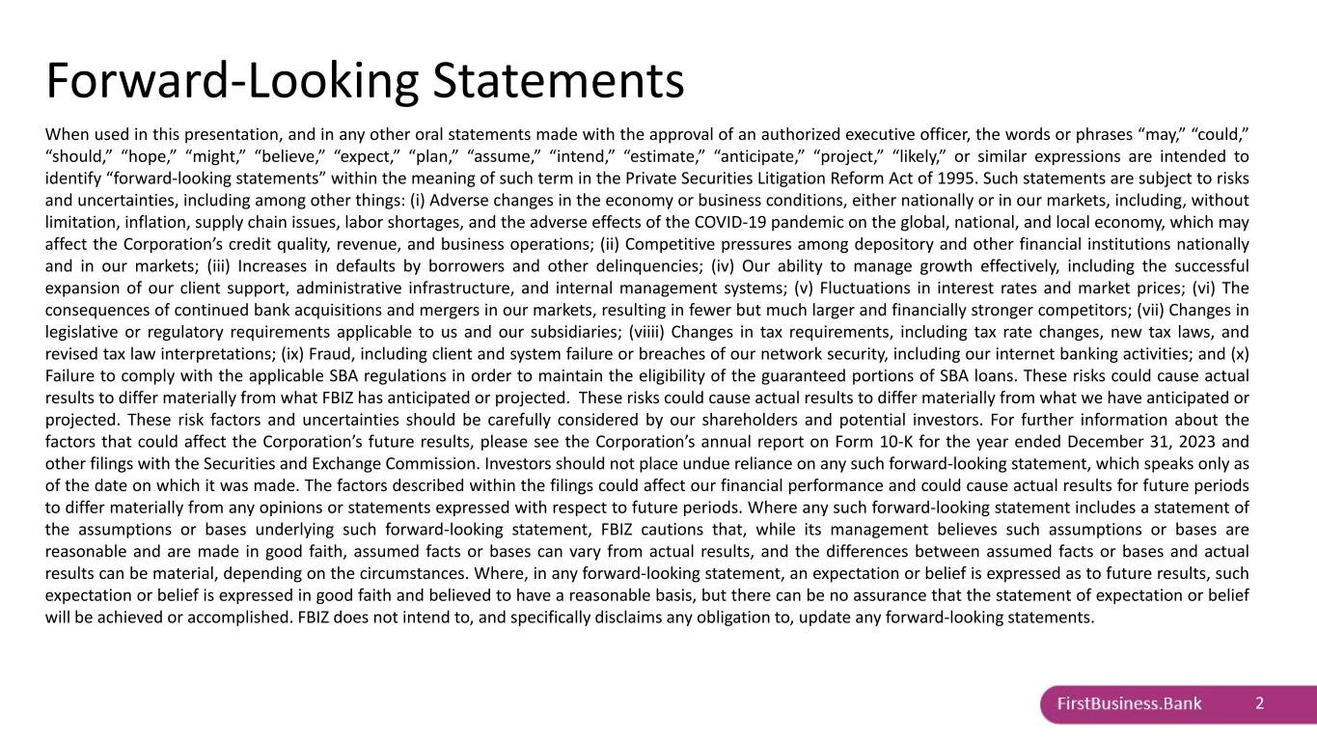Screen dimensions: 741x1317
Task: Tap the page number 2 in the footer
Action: [1260, 703]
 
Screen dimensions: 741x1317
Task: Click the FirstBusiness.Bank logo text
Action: [1129, 703]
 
